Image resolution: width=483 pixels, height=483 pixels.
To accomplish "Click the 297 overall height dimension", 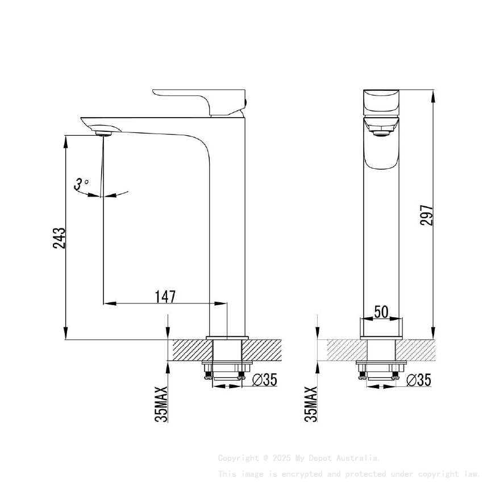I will click(x=427, y=215).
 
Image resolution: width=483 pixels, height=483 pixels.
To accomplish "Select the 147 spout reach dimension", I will click(x=165, y=296).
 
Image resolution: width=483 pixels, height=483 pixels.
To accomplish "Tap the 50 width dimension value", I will click(x=381, y=312).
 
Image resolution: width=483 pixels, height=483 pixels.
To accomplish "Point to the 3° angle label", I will click(x=81, y=184).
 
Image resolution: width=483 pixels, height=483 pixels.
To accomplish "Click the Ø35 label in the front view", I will click(x=419, y=380).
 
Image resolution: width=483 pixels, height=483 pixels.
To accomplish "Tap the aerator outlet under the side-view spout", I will click(x=105, y=134).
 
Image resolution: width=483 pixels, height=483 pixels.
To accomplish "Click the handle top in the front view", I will click(x=381, y=101).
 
